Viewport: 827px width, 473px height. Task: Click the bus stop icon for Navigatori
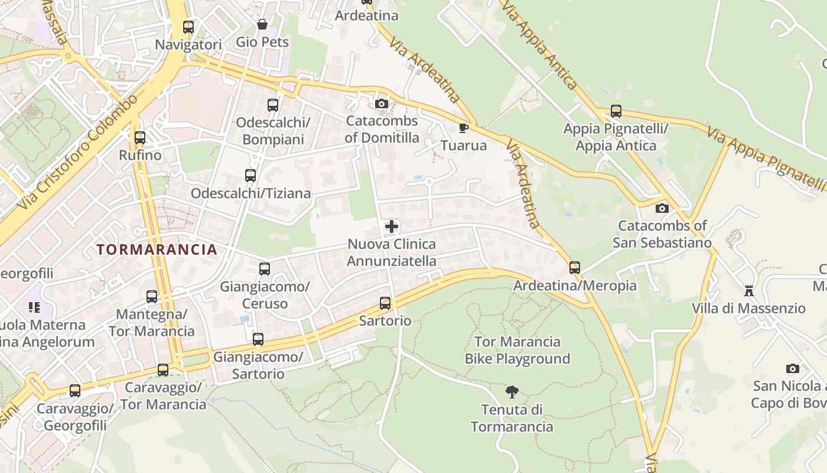click(x=188, y=27)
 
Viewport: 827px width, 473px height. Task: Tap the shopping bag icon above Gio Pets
click(x=262, y=24)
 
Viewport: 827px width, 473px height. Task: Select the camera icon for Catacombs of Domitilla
click(x=382, y=104)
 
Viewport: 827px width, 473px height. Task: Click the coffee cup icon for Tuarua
click(x=464, y=128)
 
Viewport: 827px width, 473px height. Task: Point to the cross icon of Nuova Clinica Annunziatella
click(x=391, y=226)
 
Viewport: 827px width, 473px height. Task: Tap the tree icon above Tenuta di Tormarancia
click(x=512, y=391)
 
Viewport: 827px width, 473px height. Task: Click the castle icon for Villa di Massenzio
click(x=749, y=290)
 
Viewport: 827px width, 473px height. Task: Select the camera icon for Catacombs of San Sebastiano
click(x=662, y=208)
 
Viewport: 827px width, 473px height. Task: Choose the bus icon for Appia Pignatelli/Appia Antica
click(x=616, y=111)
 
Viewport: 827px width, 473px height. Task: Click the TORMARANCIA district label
click(x=157, y=250)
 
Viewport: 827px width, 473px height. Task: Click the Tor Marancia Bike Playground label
click(x=517, y=350)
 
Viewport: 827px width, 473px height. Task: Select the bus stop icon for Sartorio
click(x=385, y=303)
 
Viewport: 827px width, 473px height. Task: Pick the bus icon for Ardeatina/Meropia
click(x=575, y=268)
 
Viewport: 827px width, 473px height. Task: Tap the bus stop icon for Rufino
click(x=140, y=138)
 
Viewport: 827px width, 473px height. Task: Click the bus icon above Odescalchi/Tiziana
click(x=250, y=176)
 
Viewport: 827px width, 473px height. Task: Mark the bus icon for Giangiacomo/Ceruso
click(x=265, y=269)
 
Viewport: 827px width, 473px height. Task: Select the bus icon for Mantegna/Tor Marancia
click(x=152, y=296)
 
